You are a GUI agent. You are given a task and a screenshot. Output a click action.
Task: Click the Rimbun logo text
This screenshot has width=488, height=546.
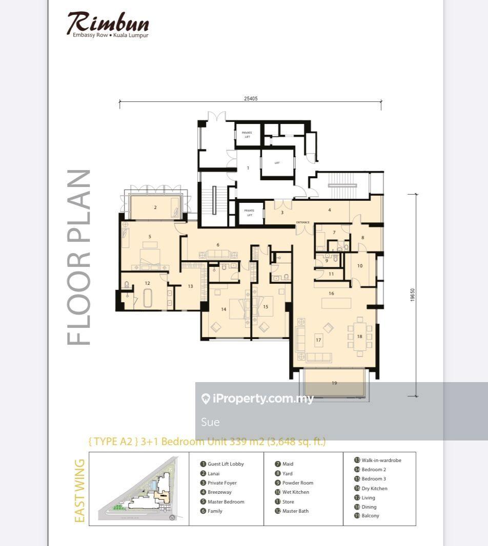tap(108, 23)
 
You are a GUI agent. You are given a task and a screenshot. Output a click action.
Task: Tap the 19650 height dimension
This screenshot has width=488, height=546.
tap(412, 295)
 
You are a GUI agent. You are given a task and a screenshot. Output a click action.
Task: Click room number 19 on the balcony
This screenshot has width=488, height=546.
tap(334, 383)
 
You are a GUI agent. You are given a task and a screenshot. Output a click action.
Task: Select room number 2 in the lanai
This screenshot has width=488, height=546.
tap(155, 207)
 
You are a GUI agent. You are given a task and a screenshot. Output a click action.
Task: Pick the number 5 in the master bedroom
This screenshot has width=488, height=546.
tap(150, 237)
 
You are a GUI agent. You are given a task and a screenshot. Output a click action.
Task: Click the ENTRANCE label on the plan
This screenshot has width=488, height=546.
tap(302, 222)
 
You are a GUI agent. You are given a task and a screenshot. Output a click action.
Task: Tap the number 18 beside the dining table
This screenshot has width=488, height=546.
tap(359, 337)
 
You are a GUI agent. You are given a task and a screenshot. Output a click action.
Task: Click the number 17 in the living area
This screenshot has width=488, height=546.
tap(318, 340)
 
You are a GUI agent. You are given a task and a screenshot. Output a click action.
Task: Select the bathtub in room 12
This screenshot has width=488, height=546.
tap(148, 298)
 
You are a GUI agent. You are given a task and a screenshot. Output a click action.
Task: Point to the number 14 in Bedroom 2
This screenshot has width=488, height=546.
tap(223, 309)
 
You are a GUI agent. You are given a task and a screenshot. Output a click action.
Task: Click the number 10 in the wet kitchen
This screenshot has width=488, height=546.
tap(360, 266)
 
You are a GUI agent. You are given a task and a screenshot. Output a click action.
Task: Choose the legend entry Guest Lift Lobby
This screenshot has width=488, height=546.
tap(225, 464)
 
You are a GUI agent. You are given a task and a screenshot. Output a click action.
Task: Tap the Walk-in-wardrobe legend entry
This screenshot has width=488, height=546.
tap(381, 460)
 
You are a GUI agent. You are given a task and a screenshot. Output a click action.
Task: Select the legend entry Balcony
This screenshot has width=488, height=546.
tap(370, 516)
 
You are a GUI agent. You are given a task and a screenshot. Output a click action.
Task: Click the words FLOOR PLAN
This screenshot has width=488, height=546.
tap(79, 257)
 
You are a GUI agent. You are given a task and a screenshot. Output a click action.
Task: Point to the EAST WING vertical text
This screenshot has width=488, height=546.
tap(79, 491)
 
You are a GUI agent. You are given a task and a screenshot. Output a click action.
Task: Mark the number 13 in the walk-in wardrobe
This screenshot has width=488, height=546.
tap(190, 286)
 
